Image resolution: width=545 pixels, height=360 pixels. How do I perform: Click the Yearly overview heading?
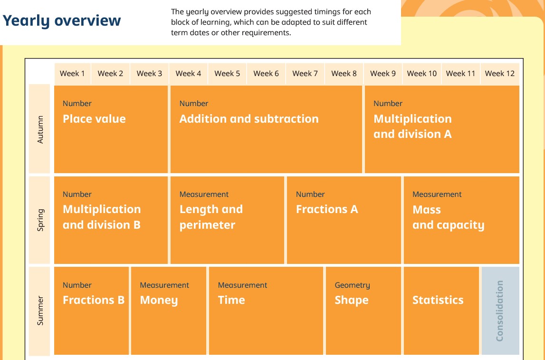[61, 20]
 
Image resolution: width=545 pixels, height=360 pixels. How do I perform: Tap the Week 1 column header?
[72, 73]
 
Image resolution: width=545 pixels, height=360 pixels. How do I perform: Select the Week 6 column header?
[266, 73]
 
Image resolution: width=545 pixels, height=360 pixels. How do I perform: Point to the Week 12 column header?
[499, 73]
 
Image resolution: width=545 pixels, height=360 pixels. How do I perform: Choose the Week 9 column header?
[382, 73]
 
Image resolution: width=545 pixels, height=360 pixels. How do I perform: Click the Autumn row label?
[40, 129]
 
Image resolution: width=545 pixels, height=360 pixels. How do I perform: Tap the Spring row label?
[40, 220]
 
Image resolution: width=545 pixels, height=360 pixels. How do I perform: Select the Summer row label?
[40, 311]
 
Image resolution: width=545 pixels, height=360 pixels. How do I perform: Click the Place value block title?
[94, 119]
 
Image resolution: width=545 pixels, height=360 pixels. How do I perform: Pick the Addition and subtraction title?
[249, 119]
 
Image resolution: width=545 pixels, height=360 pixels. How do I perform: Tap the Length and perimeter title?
[211, 217]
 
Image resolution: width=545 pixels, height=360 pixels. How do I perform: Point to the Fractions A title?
[327, 209]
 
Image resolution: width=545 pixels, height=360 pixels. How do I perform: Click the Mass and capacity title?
[449, 217]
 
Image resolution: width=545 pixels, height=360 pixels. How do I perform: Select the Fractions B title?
[94, 300]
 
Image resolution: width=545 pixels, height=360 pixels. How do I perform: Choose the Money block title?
[159, 300]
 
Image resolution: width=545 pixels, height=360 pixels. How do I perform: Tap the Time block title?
[231, 300]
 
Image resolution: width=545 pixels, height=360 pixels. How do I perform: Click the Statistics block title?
[438, 300]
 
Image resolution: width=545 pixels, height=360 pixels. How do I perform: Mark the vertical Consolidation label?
[499, 311]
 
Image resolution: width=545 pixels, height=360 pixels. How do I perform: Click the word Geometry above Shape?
[352, 285]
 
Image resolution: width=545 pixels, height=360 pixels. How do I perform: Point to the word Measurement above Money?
[164, 285]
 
